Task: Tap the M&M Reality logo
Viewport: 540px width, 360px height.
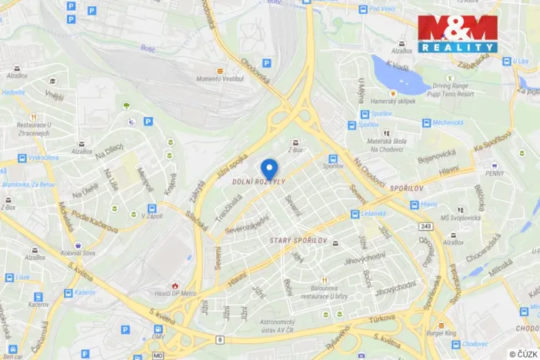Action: (x=458, y=34)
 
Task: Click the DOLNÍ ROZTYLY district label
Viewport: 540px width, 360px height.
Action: (x=259, y=182)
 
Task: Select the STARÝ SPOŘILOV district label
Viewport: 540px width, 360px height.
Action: (x=299, y=242)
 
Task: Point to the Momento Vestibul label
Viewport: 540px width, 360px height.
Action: (x=218, y=79)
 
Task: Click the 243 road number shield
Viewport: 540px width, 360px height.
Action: (x=426, y=226)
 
